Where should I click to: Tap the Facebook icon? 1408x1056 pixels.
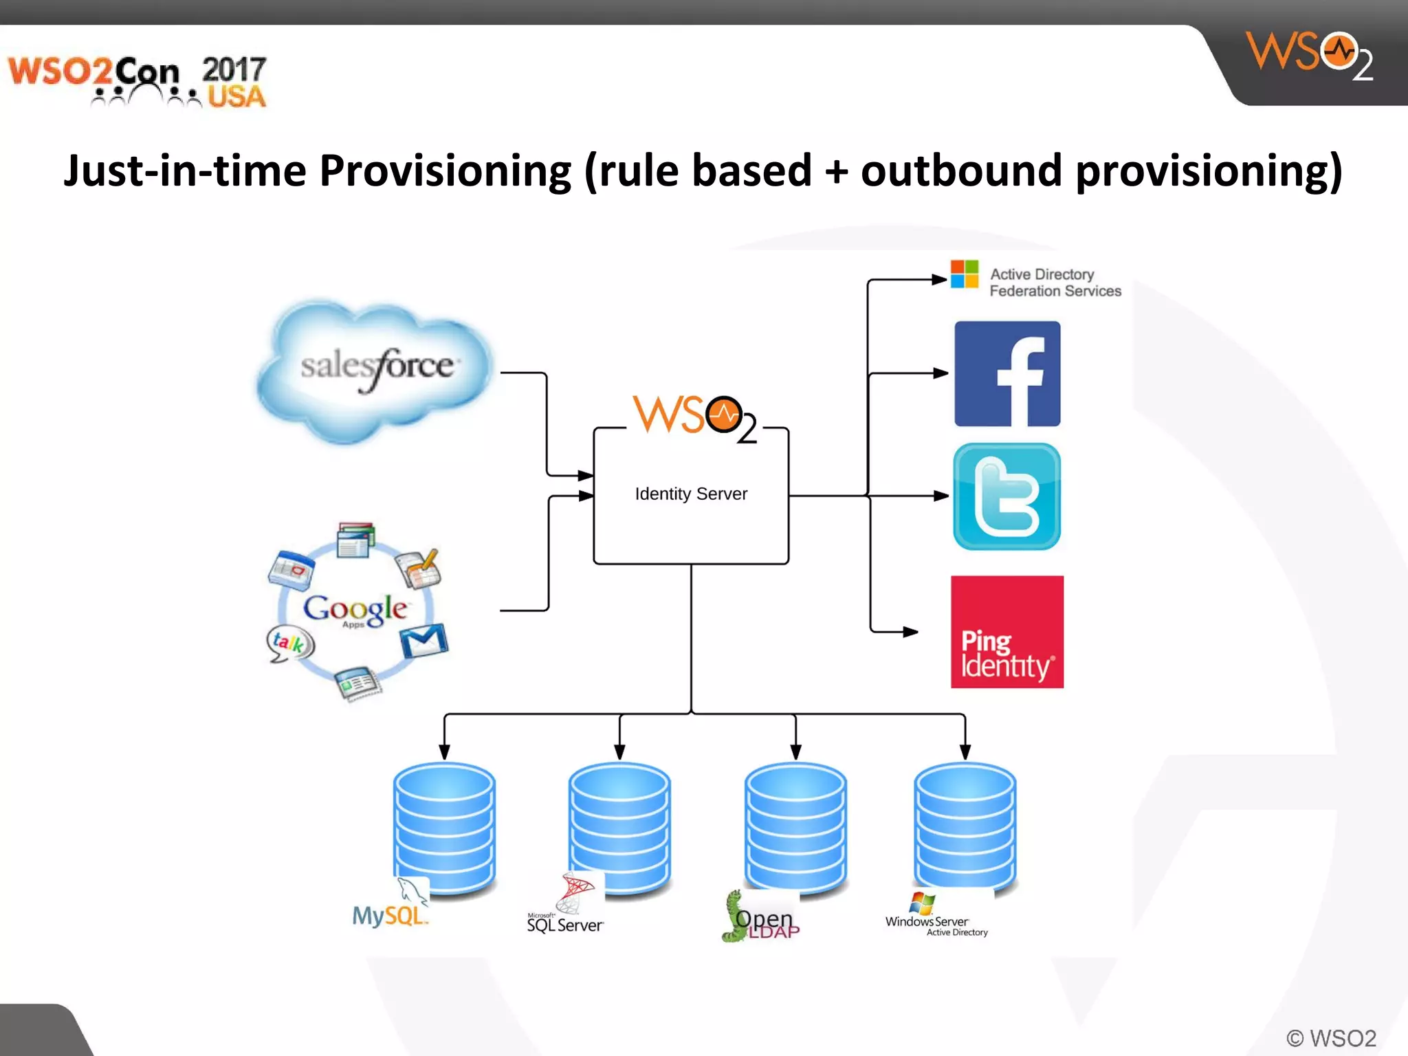pyautogui.click(x=1007, y=374)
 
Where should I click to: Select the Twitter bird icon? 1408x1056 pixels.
pyautogui.click(x=1007, y=496)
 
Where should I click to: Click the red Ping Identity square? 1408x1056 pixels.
pyautogui.click(x=1007, y=632)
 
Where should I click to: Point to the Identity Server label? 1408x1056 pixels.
pyautogui.click(x=691, y=494)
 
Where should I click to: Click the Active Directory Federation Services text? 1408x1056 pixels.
pyautogui.click(x=1055, y=283)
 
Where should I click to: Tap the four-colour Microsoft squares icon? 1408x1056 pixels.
pyautogui.click(x=965, y=274)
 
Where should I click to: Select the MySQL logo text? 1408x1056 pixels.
pyautogui.click(x=389, y=915)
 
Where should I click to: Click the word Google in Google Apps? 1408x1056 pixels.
pyautogui.click(x=355, y=608)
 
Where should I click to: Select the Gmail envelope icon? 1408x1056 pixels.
pyautogui.click(x=423, y=641)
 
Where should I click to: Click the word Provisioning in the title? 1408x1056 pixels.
pyautogui.click(x=445, y=170)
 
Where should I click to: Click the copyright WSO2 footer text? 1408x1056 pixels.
pyautogui.click(x=1331, y=1037)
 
